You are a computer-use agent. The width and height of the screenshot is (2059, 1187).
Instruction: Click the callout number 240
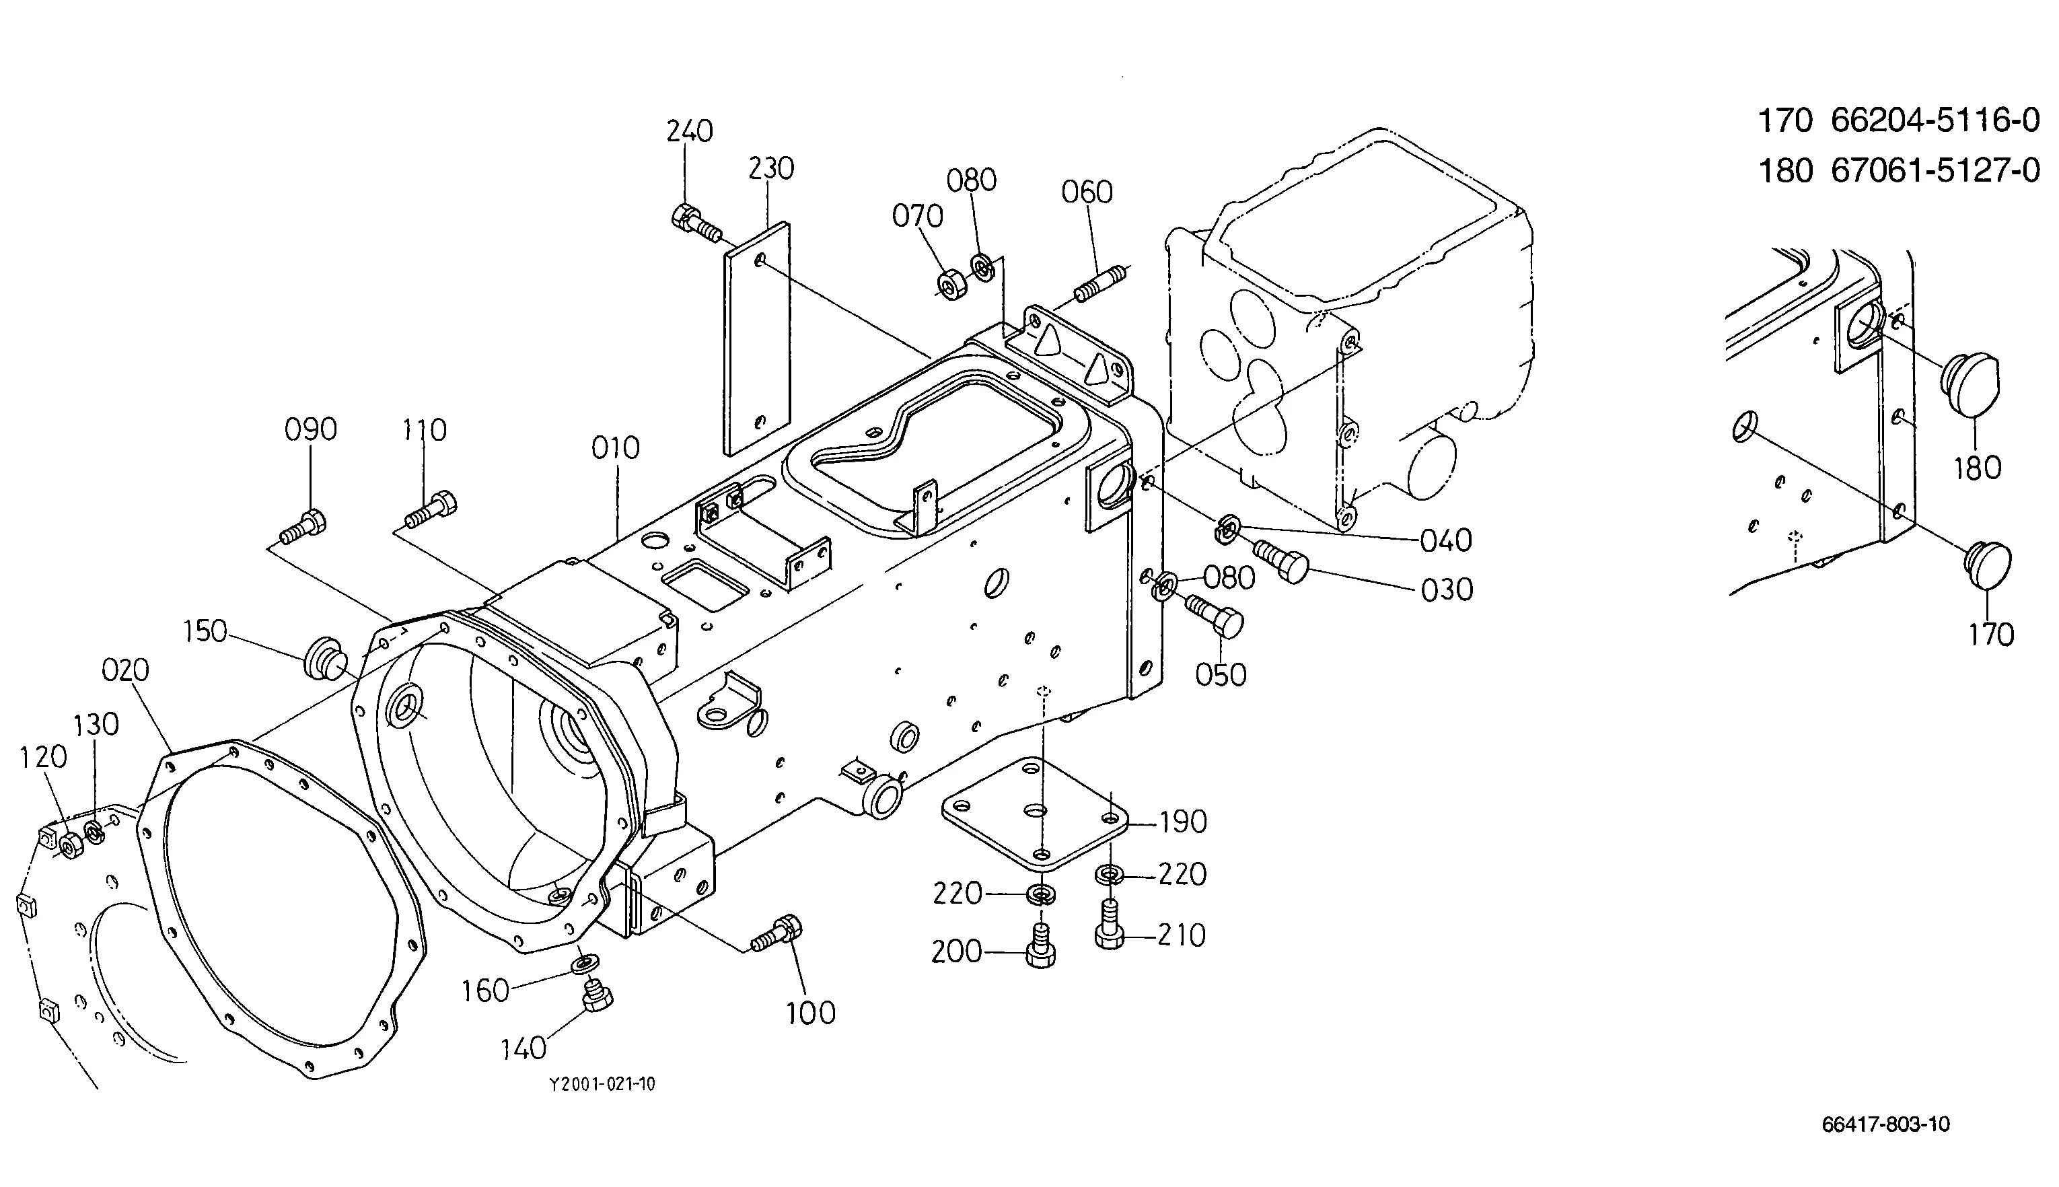click(690, 131)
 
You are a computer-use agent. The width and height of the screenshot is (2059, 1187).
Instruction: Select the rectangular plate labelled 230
click(756, 338)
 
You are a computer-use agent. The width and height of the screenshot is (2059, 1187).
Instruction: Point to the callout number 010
click(616, 447)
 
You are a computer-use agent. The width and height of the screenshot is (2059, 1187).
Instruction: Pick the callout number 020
click(126, 670)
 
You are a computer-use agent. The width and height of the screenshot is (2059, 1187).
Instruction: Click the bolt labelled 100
click(776, 933)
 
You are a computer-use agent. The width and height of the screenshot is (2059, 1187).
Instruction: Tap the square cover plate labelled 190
click(1035, 812)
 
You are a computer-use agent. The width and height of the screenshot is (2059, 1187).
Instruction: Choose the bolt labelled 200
click(1040, 945)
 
